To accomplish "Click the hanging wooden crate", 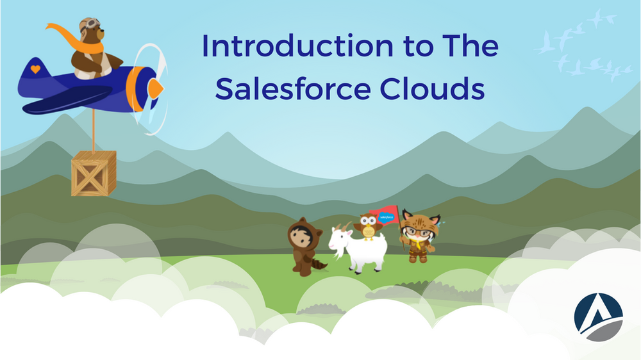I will pos(94,173).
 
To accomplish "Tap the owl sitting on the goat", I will pos(368,226).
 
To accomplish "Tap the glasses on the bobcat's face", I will pos(418,231).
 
